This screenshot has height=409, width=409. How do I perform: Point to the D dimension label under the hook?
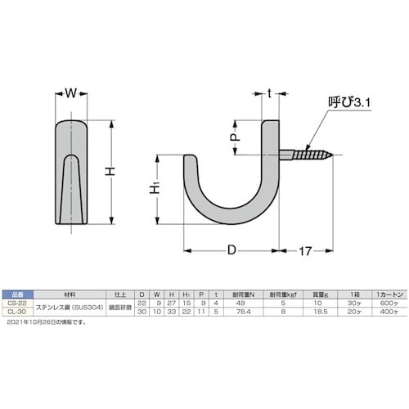(x=232, y=248)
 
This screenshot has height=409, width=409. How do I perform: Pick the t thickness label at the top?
(x=269, y=93)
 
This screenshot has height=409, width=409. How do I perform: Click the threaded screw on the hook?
(x=309, y=153)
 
